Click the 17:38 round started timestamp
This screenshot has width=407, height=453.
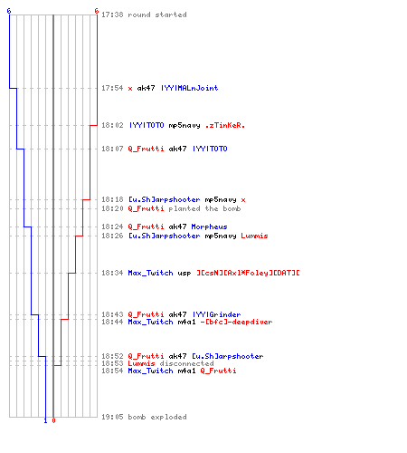(x=112, y=14)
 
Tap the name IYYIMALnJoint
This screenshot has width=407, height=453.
(x=189, y=88)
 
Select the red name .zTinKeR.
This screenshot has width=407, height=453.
(x=224, y=125)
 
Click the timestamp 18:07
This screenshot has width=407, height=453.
(x=112, y=149)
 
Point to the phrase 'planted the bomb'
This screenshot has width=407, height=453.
(x=204, y=208)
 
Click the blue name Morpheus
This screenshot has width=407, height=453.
(x=209, y=226)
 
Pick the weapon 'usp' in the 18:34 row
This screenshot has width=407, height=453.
(x=185, y=274)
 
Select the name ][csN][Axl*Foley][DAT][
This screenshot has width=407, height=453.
(x=248, y=273)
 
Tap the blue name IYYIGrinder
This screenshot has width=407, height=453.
(x=216, y=314)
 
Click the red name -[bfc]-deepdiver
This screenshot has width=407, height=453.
(x=236, y=322)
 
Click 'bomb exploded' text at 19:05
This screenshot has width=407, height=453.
(x=157, y=417)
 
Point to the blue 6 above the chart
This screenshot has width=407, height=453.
(x=9, y=11)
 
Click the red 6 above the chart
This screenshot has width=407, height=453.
(x=97, y=11)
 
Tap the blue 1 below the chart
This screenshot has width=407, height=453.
(x=45, y=420)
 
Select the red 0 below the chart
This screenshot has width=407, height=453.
(x=53, y=420)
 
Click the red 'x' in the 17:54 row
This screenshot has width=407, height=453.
(x=130, y=89)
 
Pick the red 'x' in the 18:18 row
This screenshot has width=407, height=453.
(x=243, y=200)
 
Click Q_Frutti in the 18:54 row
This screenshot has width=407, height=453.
(x=218, y=371)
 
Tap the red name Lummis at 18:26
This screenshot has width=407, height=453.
(x=254, y=236)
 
